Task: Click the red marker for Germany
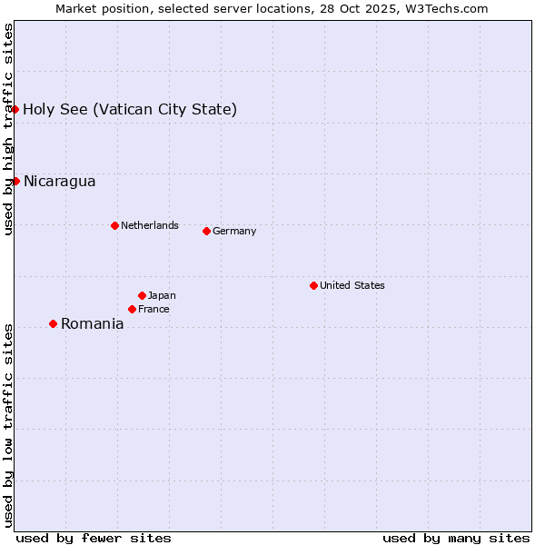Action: point(206,231)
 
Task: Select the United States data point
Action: point(313,285)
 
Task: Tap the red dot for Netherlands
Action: point(114,225)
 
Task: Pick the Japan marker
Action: point(142,295)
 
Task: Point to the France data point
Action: point(132,309)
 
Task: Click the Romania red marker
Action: point(53,323)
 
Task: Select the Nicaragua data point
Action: point(15,181)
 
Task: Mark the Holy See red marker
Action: point(15,109)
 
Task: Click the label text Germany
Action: point(234,232)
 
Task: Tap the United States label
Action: point(352,285)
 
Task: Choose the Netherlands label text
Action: point(150,225)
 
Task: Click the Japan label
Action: point(162,295)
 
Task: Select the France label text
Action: point(154,310)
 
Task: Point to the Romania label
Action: point(92,324)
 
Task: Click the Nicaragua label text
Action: point(59,182)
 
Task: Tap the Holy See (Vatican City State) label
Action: point(130,110)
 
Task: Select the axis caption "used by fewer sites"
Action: point(94,538)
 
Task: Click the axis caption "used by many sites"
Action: point(456,538)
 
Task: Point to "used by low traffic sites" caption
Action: point(9,424)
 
